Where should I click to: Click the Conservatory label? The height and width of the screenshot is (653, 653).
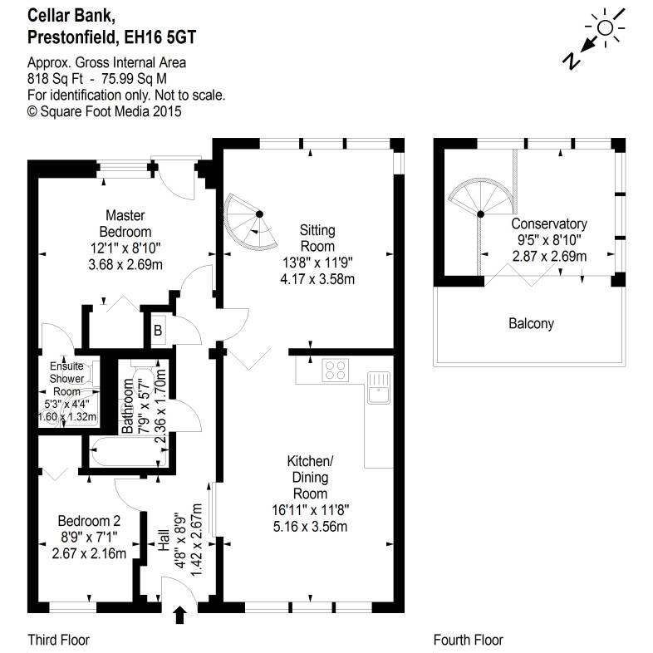(549, 224)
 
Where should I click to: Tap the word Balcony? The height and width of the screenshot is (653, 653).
(531, 324)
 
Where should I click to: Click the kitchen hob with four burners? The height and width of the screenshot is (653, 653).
(336, 370)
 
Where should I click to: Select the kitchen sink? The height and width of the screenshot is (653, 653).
(379, 387)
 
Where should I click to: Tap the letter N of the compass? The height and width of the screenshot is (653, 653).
(572, 59)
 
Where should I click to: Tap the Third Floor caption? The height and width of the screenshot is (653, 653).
(58, 640)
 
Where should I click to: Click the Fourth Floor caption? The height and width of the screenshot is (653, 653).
(468, 640)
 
